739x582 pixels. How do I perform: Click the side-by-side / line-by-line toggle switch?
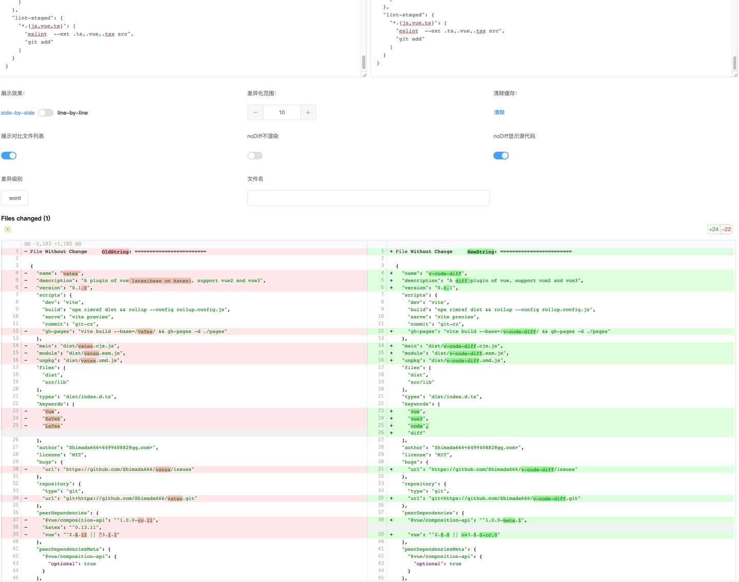point(46,113)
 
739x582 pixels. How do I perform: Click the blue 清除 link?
point(499,112)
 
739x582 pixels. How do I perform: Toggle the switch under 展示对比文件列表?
point(9,155)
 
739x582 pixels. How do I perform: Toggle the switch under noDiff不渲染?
point(255,155)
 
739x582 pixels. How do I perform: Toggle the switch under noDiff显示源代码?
point(501,155)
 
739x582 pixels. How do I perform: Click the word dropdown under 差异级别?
point(15,198)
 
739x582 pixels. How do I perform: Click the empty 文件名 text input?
point(368,198)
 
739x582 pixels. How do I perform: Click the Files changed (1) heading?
point(26,218)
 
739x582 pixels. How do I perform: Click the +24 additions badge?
point(713,229)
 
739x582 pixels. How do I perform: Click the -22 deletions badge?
point(726,229)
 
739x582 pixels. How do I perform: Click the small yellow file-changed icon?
point(8,229)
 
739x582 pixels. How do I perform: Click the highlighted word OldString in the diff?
point(115,252)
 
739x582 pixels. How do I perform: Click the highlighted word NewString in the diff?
point(480,252)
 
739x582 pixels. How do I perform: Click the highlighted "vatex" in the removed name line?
point(70,273)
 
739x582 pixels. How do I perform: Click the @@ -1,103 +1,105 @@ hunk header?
point(52,244)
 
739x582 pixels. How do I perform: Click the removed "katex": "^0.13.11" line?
point(72,528)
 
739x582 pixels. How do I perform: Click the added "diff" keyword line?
point(416,433)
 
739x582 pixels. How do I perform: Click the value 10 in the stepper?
point(282,112)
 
